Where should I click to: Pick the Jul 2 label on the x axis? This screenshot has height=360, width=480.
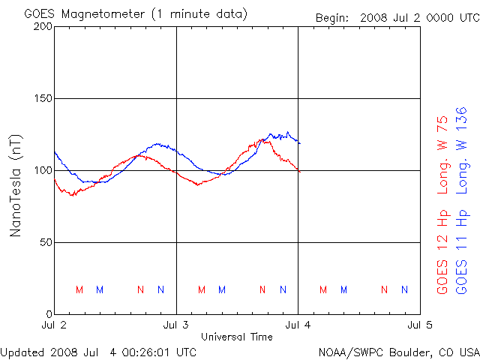(x=54, y=325)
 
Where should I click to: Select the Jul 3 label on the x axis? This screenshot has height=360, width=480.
(x=176, y=325)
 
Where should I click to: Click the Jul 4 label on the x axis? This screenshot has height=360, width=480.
(x=298, y=325)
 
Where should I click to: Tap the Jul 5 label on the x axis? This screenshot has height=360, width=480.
(x=418, y=325)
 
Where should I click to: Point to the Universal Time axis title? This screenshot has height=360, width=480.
(x=237, y=337)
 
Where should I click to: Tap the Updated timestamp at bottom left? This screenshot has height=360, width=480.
(x=99, y=351)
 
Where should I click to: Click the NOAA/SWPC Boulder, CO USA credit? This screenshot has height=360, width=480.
(x=398, y=351)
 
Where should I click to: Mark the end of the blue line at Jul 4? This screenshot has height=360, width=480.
(x=299, y=142)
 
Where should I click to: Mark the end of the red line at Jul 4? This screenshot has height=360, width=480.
(x=299, y=172)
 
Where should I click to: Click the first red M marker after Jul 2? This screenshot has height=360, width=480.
(x=79, y=289)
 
